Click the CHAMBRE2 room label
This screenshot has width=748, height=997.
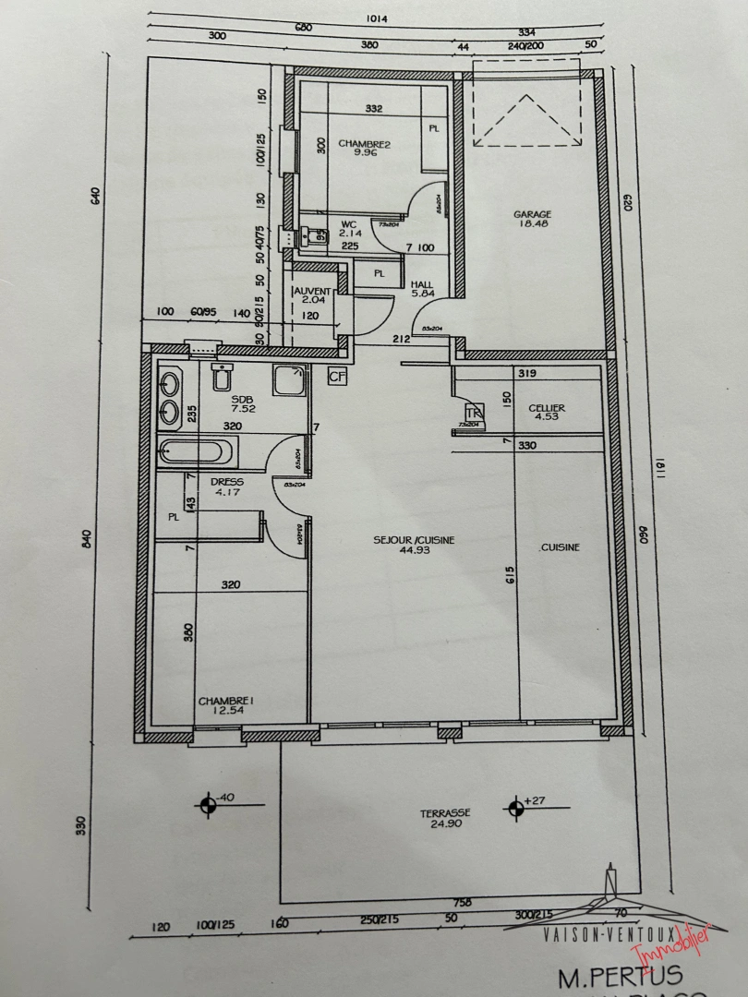tap(364, 143)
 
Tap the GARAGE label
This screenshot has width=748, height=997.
tap(533, 215)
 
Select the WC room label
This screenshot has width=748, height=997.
tap(348, 224)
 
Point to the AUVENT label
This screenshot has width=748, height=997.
tap(310, 291)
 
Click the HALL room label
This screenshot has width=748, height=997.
tap(422, 284)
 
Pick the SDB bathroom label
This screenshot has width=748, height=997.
tap(216, 399)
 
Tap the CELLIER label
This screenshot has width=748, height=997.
tap(547, 408)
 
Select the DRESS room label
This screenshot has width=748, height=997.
tap(226, 481)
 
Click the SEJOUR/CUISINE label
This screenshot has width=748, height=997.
tap(414, 541)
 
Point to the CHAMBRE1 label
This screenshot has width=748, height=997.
tap(226, 702)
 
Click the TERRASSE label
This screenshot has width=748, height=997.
tap(445, 812)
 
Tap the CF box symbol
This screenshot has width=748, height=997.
tap(337, 377)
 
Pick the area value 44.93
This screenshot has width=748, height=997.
tap(414, 552)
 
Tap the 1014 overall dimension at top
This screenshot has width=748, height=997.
tap(377, 17)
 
